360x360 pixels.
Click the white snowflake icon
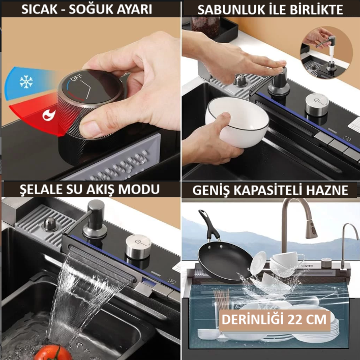26,82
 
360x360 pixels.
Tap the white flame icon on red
49,114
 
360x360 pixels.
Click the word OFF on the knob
76,78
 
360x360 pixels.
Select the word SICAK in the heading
39,9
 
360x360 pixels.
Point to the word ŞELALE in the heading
40,190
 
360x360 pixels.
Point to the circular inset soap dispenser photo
326,52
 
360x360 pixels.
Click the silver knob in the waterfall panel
138,247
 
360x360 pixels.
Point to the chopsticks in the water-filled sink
221,299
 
